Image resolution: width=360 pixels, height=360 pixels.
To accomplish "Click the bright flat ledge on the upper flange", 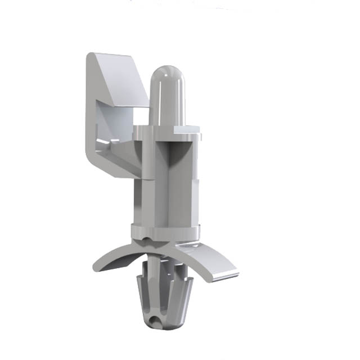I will [186, 130].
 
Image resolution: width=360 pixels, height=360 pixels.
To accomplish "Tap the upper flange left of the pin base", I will [142, 132].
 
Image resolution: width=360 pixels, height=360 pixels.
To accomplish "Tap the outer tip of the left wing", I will [96, 266].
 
